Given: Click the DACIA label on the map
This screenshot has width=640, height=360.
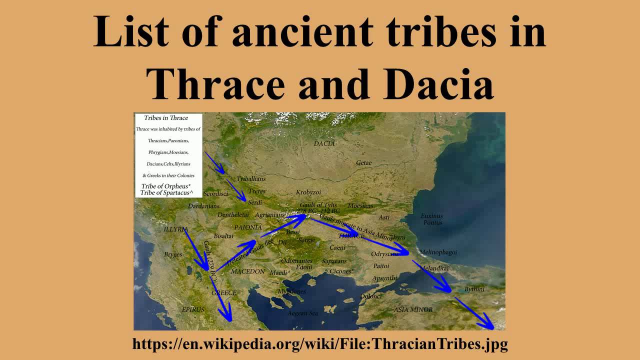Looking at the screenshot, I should (324, 143).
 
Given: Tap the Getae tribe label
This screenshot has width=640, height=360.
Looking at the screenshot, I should (364, 163).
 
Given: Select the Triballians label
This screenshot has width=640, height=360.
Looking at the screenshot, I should (251, 178).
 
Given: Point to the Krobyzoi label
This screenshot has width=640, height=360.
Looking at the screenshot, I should (308, 192).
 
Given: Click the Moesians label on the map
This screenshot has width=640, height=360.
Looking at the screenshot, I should (360, 206).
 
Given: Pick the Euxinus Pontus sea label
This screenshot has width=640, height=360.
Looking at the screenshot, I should (432, 219).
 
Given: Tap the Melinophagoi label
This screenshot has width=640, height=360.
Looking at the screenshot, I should (438, 252).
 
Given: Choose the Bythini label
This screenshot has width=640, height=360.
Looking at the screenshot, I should (474, 289).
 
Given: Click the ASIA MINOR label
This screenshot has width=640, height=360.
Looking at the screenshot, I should (413, 309).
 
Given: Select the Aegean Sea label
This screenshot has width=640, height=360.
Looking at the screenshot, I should (302, 313).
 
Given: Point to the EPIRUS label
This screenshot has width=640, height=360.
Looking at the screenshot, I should (193, 309).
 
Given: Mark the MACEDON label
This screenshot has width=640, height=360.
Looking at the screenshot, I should (247, 271).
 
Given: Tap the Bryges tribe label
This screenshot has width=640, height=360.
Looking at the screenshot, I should (173, 254).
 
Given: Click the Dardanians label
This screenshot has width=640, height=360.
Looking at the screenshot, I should (203, 206).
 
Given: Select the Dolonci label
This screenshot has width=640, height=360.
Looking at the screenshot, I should (371, 296).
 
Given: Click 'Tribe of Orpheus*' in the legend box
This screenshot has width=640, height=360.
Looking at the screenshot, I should (165, 186).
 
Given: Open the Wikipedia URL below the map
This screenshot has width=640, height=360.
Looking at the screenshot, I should (320, 343).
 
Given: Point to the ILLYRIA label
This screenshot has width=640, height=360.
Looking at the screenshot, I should (175, 229).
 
